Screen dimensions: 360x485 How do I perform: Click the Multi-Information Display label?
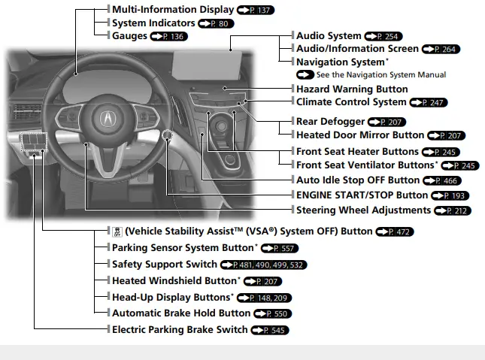coord(172,10)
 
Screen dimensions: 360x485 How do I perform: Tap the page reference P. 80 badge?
coord(217,23)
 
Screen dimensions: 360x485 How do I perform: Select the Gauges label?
coord(129,36)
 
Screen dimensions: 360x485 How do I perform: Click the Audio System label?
coord(329,35)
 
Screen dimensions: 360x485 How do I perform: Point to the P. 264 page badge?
coord(440,49)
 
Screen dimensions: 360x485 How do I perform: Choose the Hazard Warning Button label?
coord(352,89)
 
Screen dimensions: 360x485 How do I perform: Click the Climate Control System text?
coord(351,101)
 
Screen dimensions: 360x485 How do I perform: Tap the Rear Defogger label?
coord(330,121)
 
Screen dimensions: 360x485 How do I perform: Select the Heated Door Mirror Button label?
coord(360,135)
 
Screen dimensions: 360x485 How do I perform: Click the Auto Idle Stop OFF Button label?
coord(358,180)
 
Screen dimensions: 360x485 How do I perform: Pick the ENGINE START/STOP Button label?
coord(357,195)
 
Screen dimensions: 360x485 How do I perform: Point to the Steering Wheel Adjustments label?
coord(363,210)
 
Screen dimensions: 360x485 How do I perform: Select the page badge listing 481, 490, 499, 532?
coord(264,265)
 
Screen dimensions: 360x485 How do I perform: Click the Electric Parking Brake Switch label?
coord(179,330)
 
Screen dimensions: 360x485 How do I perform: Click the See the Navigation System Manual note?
coord(380,74)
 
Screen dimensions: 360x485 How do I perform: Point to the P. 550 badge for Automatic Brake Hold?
coord(272,313)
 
